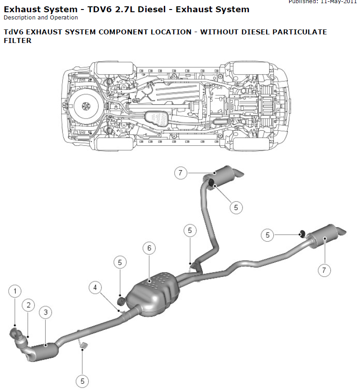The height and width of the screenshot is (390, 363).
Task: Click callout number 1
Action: [15, 291]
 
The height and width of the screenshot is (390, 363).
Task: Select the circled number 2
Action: [29, 305]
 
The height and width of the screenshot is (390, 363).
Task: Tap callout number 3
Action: [45, 312]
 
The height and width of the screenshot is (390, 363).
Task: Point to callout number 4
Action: [95, 287]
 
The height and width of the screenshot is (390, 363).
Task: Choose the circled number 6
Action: [149, 248]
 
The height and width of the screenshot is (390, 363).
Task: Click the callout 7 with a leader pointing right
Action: [180, 173]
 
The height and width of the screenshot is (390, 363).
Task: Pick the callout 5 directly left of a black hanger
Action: [267, 235]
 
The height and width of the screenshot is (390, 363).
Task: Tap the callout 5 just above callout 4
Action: [120, 262]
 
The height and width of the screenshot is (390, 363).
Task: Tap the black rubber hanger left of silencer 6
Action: [121, 300]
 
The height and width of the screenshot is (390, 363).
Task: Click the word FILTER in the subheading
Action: [17, 40]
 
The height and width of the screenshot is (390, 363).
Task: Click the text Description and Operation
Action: [41, 18]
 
